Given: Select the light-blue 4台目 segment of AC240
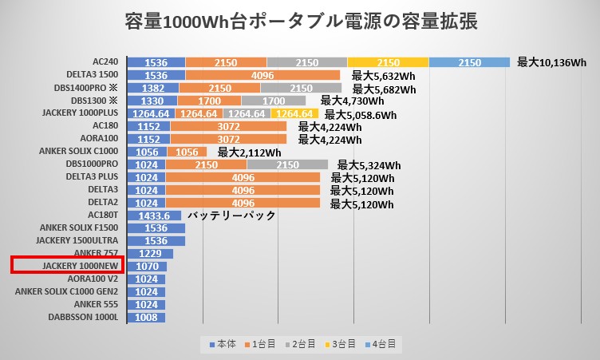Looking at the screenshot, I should point(469,61).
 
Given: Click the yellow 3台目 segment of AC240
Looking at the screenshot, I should point(388,61).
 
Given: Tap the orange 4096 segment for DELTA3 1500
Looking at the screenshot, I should point(262,75).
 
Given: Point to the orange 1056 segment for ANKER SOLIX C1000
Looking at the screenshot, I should point(187,152).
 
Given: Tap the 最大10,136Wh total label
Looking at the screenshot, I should point(551,62).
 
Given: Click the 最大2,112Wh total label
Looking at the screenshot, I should point(249,152).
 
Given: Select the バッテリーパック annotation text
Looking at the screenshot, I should point(231,216).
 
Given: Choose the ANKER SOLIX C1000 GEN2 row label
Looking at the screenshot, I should point(66,291).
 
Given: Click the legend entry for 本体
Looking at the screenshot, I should point(223,344).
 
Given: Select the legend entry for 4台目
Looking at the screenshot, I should point(379,344).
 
